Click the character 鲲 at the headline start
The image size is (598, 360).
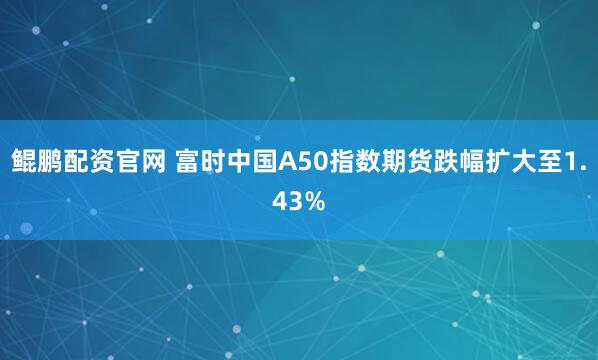point(23,158)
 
